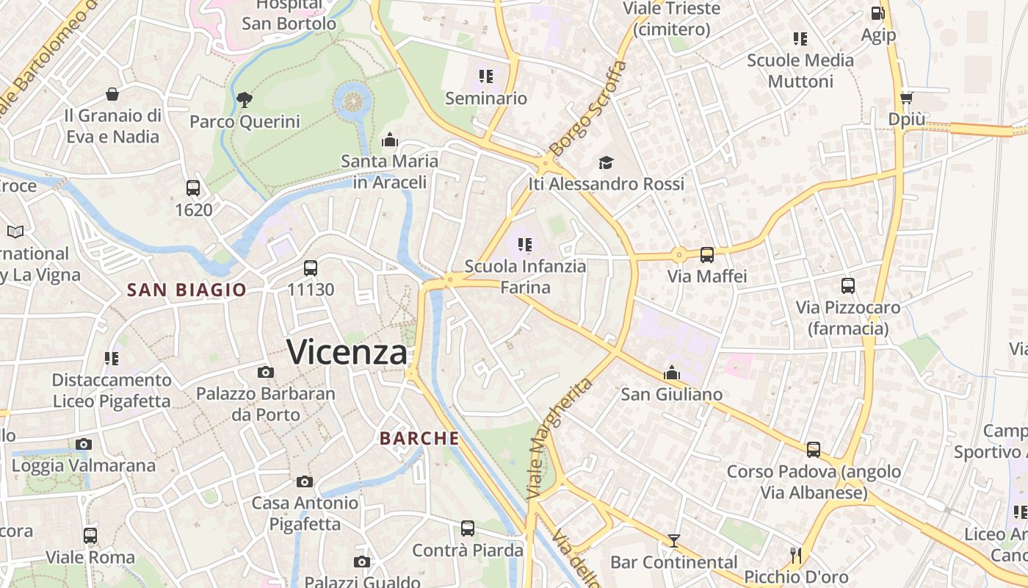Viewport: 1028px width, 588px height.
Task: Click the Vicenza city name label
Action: [347, 352]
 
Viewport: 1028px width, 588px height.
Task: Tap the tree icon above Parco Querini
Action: [245, 99]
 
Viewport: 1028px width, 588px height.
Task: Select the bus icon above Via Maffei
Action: [706, 255]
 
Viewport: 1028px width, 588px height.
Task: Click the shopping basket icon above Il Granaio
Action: [112, 94]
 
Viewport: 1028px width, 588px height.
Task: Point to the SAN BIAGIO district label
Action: [187, 290]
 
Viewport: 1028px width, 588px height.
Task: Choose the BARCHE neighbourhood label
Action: [419, 439]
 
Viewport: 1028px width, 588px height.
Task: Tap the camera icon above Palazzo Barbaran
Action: [266, 373]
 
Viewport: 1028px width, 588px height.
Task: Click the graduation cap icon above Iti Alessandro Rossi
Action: [606, 162]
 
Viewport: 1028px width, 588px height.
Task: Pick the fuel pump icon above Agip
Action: [877, 13]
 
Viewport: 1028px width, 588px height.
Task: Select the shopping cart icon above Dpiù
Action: [906, 98]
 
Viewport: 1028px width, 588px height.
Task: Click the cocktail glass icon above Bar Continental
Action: [673, 541]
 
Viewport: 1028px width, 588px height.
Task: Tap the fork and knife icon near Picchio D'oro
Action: [796, 555]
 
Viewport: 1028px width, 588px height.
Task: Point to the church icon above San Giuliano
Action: [672, 373]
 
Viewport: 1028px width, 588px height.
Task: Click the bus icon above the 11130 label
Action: [311, 268]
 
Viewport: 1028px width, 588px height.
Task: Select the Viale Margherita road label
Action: [560, 439]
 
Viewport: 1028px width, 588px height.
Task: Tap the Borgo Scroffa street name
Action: [588, 107]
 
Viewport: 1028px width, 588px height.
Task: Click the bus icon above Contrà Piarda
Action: [468, 528]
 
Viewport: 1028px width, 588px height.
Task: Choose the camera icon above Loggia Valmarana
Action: [84, 444]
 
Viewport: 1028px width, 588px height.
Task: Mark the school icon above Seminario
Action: [485, 76]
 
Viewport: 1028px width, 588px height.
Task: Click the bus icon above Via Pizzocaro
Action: [848, 285]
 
